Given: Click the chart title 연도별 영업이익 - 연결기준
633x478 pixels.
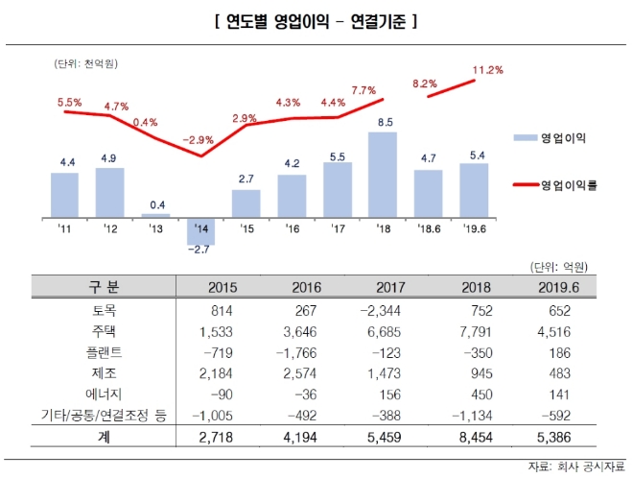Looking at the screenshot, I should point(315,20).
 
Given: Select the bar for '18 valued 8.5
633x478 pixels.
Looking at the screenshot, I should point(382,175).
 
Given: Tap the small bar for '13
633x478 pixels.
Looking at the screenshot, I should point(155,215).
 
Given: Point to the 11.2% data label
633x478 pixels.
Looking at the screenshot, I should point(488,70).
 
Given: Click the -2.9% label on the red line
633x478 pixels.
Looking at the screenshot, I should point(199,140).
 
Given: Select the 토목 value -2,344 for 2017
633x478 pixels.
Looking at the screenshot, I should point(377,310).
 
